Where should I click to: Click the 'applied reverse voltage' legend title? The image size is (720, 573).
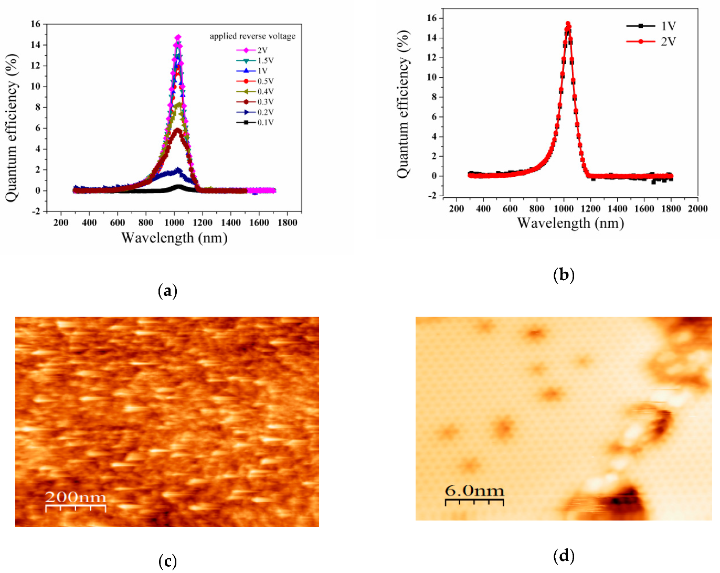coord(252,36)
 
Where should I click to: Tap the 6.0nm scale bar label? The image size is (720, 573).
coord(474,491)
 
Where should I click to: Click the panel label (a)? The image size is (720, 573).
coord(167,291)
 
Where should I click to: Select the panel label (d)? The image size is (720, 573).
coord(564,555)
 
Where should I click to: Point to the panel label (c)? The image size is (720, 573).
coord(167,561)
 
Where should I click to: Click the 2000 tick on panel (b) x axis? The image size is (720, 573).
coord(697,209)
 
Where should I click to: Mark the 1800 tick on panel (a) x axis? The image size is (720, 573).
coord(287,222)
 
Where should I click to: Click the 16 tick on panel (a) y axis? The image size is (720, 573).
coord(35,24)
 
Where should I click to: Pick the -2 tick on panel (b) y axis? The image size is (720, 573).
coord(432,196)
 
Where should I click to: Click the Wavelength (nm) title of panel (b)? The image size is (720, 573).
coord(570,224)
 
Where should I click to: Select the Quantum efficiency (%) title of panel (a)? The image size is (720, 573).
coord(12,128)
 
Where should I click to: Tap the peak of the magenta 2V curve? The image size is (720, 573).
coord(178,37)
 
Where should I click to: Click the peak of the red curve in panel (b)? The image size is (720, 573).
coord(568,24)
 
